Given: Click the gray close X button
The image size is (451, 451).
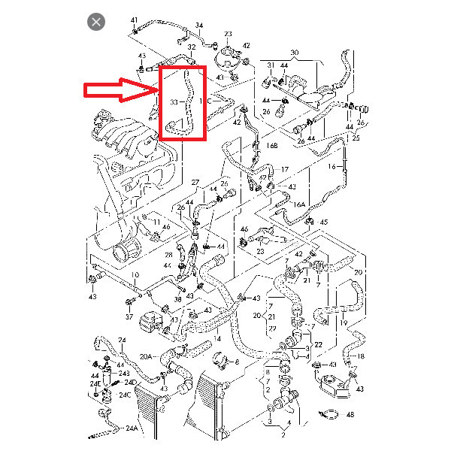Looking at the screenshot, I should coord(96,21).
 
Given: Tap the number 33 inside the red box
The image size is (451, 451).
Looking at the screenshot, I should coord(174,101).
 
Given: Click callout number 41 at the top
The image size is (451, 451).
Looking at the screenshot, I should coord(135,19).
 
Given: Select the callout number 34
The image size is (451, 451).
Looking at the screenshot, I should coord(199,26).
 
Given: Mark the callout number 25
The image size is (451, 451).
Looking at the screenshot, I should coord(356,138).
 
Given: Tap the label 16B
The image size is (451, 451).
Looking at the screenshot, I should coord(273,144).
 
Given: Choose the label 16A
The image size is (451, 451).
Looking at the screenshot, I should coord(299,204).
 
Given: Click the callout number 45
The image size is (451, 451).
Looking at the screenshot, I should coord(324,222).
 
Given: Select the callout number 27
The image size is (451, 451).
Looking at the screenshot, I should coord(195,183).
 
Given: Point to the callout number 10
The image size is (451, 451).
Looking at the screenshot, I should coord(135,275).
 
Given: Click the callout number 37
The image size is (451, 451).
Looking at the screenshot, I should coord(129,316).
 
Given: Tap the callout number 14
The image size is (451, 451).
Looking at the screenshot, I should coord(217,340).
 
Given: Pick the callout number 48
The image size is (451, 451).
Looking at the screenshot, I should coord(349,414).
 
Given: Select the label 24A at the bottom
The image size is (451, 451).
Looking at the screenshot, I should coord(131,428).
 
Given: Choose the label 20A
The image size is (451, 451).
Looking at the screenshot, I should coord(145,356).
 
